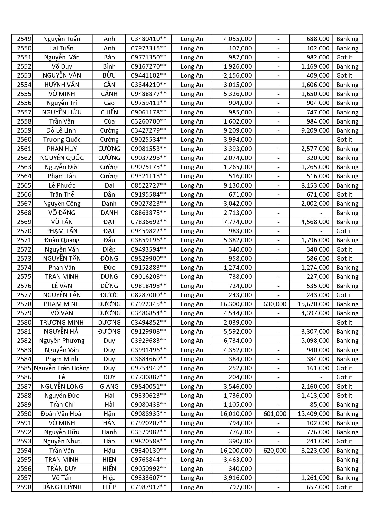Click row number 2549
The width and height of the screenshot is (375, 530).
[x=24, y=39]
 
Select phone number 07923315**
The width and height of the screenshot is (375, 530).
[x=148, y=48]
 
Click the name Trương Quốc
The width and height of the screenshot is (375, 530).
[x=62, y=140]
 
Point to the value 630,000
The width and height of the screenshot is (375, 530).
[x=275, y=304]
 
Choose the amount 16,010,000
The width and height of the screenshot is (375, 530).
[x=236, y=414]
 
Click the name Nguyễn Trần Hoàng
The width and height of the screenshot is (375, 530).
[x=62, y=368]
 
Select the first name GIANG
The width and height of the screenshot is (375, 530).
[x=109, y=387]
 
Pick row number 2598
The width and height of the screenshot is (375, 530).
[x=24, y=487]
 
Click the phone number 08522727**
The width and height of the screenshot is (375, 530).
[x=148, y=185]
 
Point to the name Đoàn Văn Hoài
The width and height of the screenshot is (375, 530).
[x=62, y=414]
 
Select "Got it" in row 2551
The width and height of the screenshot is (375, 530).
[x=344, y=57]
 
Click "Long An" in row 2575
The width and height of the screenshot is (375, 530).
[x=192, y=277]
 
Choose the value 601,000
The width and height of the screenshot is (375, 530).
[x=275, y=414]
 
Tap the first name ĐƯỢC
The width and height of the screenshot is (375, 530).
[x=109, y=295]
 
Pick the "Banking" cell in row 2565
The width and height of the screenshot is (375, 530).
[x=347, y=185]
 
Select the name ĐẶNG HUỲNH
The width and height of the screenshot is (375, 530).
[x=62, y=487]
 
